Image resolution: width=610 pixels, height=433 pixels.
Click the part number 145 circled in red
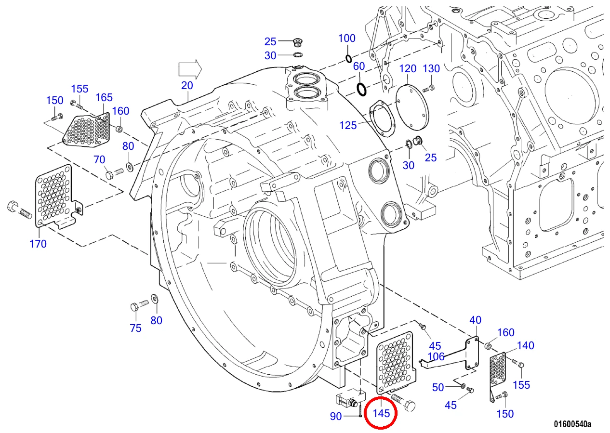click(x=381, y=413)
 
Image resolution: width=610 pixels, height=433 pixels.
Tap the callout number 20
click(x=187, y=85)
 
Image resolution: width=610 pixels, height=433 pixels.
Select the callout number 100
click(x=346, y=39)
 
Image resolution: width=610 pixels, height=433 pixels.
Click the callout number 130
click(x=431, y=68)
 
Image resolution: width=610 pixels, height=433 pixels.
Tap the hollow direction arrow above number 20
click(x=190, y=69)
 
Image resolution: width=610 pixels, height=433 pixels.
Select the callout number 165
click(x=104, y=97)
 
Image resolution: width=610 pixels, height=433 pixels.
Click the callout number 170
click(x=38, y=244)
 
